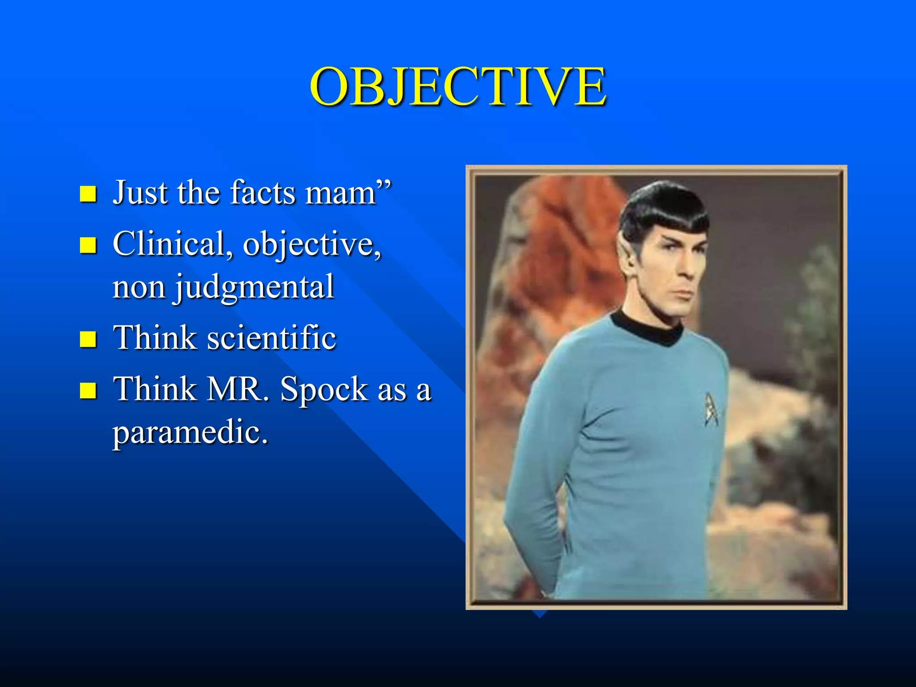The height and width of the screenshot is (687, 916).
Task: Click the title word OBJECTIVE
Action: coord(458,87)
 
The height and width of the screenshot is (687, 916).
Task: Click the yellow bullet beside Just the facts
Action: coord(88,194)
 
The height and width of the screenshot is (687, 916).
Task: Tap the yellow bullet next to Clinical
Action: coord(88,245)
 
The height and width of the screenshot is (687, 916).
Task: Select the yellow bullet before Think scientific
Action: coord(88,339)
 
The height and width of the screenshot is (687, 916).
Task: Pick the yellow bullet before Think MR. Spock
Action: coord(88,390)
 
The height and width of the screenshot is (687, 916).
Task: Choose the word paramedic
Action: coord(190,433)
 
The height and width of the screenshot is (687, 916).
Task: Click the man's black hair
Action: coord(662,210)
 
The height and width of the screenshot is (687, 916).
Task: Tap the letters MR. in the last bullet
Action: coord(235,389)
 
